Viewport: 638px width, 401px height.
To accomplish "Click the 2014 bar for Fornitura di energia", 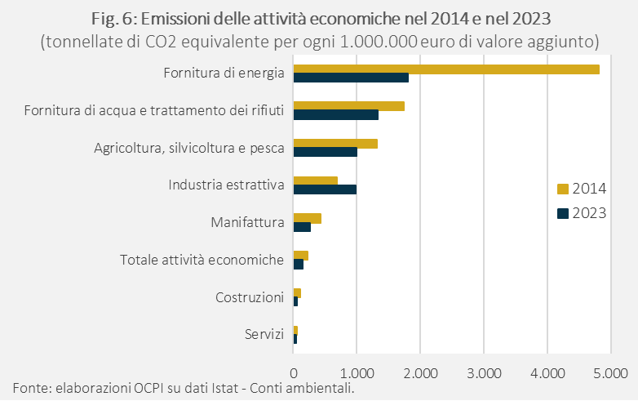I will [x=445, y=69].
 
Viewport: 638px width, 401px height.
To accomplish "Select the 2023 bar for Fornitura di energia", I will [x=351, y=78].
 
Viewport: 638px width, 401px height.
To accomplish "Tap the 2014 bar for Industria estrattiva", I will [x=315, y=180].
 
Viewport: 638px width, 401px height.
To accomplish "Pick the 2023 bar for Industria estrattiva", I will [x=325, y=189].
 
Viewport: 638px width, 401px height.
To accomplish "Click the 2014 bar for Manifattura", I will [x=307, y=218].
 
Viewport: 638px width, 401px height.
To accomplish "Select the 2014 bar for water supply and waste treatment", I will [x=348, y=106].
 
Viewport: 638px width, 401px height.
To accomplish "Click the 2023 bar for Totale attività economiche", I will [x=298, y=265].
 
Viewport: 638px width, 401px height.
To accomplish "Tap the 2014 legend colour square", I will [x=562, y=189].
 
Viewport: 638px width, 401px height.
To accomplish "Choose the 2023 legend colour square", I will [x=562, y=214].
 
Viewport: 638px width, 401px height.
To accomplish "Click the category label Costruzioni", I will [x=250, y=297].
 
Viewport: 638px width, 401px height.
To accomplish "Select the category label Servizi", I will [x=264, y=335].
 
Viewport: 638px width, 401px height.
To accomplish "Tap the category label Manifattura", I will [x=246, y=222].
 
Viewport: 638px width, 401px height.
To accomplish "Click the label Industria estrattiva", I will [x=226, y=185].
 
